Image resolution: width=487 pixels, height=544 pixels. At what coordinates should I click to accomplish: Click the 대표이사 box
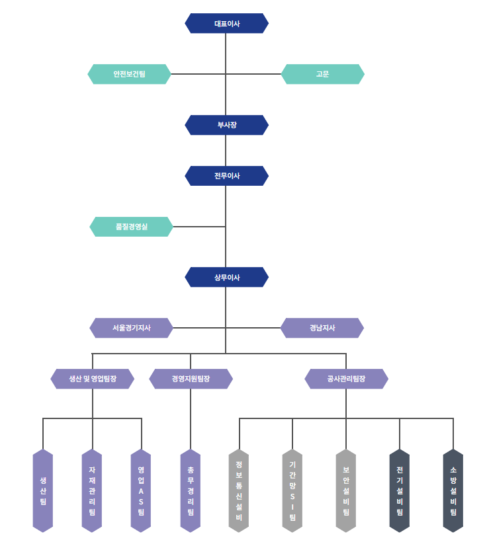point(227,23)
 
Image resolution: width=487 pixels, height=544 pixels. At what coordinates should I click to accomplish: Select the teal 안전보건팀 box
point(129,74)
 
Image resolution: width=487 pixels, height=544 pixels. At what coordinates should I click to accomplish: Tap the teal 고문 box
point(322,74)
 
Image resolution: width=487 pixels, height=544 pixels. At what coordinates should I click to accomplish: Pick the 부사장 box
point(227,125)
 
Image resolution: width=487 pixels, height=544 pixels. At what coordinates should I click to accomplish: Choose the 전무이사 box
point(227,176)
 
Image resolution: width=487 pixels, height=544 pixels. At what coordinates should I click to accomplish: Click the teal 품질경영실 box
point(131,227)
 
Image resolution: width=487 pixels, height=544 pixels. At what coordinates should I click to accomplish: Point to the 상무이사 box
point(227,278)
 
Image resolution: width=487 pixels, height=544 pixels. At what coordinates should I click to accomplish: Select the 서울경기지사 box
point(131,328)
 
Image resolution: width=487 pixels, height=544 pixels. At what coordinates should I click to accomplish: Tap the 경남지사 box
point(322,328)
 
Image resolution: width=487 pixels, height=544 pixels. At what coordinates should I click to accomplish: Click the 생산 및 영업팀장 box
point(93,379)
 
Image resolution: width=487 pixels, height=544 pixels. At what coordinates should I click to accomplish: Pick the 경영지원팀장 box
point(191,379)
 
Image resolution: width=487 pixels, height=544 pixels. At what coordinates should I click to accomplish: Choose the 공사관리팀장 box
point(346,379)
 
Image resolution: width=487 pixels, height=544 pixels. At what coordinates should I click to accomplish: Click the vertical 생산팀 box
point(43,490)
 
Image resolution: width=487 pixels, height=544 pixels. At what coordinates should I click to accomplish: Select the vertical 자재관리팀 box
point(92,490)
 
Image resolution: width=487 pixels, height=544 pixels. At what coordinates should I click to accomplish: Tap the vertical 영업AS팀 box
point(141,490)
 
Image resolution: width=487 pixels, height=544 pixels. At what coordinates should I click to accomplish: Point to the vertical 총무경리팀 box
point(191,490)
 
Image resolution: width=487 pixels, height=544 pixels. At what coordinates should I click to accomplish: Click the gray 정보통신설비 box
point(239,490)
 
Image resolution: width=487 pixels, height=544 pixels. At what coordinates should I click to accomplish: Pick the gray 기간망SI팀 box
point(292,490)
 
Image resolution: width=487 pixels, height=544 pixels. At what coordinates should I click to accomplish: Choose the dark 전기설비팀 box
point(400,490)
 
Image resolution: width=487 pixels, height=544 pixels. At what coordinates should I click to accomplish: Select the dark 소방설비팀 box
point(453,490)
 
